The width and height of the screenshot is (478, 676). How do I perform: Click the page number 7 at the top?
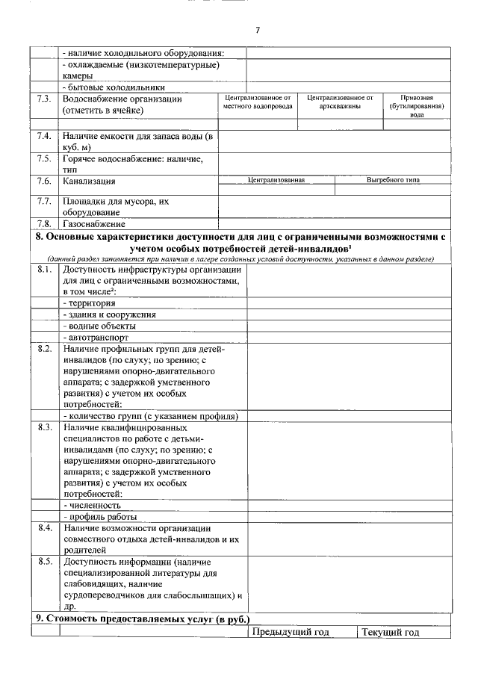pos(257,31)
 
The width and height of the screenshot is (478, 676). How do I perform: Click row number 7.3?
pos(44,99)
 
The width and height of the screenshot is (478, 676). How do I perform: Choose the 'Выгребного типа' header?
pos(393,180)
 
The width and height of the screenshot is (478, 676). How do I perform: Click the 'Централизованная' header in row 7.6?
pos(276,180)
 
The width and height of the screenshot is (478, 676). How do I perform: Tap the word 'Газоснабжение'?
pos(94,223)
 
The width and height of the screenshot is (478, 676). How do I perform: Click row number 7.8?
pos(44,223)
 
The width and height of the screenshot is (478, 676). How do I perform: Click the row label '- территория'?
pos(89,303)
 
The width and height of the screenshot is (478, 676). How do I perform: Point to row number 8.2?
pos(44,349)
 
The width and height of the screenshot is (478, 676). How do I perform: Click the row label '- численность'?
pos(92,505)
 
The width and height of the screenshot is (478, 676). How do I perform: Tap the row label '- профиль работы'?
pos(100,517)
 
